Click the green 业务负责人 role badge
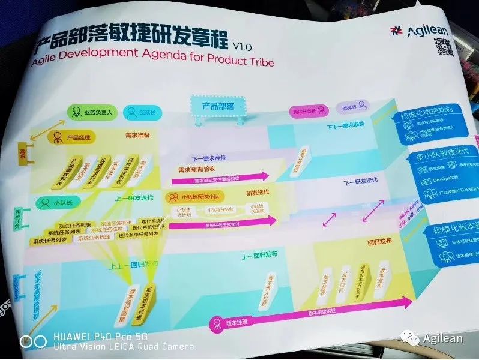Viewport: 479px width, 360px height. (x=90, y=111)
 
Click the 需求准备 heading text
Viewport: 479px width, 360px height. (x=137, y=136)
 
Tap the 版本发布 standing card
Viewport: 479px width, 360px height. (x=384, y=281)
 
